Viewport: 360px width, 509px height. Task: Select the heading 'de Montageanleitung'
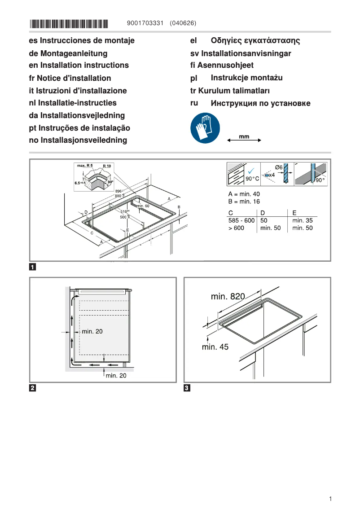(68, 53)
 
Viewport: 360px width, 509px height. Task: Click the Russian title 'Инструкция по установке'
(260, 104)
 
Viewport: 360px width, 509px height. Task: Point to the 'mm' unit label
(244, 136)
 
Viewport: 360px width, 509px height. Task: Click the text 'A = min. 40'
(244, 194)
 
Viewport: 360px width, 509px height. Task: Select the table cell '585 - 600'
(241, 220)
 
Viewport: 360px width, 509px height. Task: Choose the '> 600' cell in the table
(237, 228)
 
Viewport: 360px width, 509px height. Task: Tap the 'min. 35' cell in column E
(302, 220)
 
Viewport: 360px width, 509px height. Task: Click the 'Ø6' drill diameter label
(279, 167)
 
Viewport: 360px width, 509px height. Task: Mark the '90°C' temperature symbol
(252, 179)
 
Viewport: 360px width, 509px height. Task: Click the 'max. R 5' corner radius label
(84, 166)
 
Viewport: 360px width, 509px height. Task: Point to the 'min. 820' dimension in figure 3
(228, 297)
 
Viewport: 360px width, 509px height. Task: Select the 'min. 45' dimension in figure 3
(215, 347)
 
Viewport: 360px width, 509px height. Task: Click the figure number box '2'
(32, 388)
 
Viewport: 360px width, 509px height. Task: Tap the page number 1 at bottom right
(330, 499)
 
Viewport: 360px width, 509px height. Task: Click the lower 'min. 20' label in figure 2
(116, 376)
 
